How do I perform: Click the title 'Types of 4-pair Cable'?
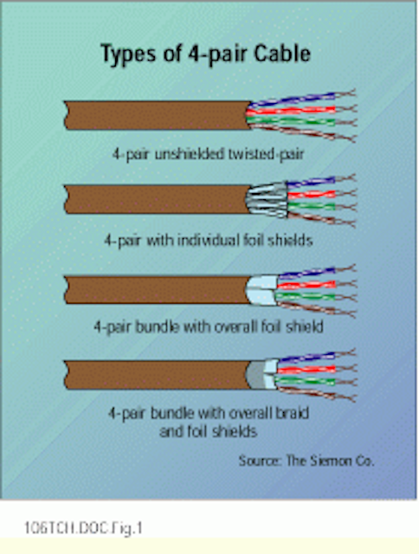pyautogui.click(x=206, y=54)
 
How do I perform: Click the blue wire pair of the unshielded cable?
pyautogui.click(x=300, y=98)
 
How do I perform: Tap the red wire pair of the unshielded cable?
pyautogui.click(x=300, y=110)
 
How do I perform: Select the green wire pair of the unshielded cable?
pyautogui.click(x=300, y=122)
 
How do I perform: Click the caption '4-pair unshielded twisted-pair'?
pyautogui.click(x=209, y=154)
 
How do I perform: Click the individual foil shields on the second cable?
pyautogui.click(x=268, y=200)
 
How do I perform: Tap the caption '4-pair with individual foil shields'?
pyautogui.click(x=209, y=241)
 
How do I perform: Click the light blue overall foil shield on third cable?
pyautogui.click(x=263, y=291)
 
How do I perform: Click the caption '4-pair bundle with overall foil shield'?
pyautogui.click(x=209, y=327)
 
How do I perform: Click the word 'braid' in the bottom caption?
pyautogui.click(x=289, y=413)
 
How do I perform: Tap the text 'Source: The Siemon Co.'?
pyautogui.click(x=306, y=461)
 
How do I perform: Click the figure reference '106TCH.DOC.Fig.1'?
pyautogui.click(x=83, y=528)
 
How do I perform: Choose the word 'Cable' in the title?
pyautogui.click(x=282, y=54)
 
